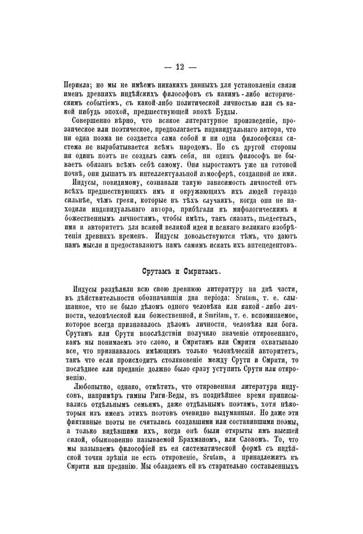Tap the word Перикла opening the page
point(79,84)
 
